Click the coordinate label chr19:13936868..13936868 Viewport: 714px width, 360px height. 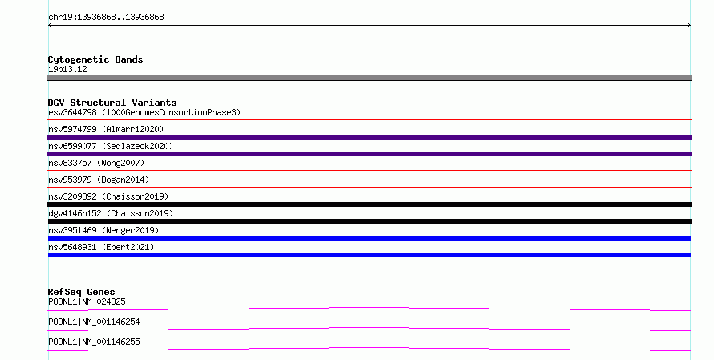106,18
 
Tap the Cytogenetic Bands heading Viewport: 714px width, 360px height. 95,59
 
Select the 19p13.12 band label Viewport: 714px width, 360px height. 67,69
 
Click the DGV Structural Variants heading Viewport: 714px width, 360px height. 112,103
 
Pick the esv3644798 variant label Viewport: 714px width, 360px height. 72,112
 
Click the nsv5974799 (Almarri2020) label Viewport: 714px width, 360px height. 106,129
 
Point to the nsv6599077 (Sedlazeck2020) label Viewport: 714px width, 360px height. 111,146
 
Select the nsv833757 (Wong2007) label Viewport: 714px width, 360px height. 96,163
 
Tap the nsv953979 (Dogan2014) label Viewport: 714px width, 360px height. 99,180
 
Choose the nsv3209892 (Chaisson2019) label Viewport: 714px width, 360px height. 108,196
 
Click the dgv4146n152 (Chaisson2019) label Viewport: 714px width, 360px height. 111,213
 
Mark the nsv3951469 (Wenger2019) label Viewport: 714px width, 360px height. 103,230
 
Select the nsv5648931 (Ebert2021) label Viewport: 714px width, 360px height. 101,247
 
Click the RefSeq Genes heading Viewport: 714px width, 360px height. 82,292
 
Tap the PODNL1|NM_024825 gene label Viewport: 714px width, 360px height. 87,301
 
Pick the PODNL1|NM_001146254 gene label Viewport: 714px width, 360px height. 94,322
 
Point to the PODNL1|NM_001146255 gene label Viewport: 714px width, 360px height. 94,342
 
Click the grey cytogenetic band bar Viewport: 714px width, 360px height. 369,78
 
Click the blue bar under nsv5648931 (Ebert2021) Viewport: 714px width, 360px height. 369,255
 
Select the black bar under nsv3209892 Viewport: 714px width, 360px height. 369,204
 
